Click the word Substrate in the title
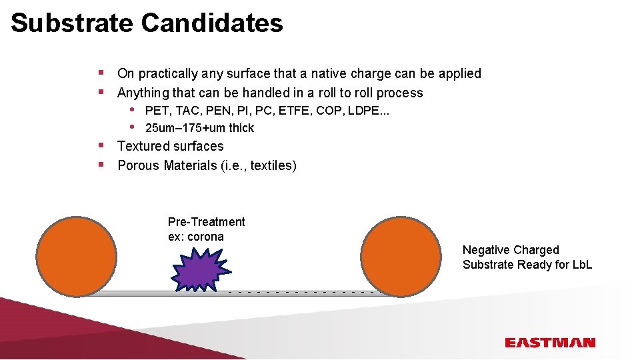pyautogui.click(x=71, y=23)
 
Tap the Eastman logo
pyautogui.click(x=549, y=343)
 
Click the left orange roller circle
pyautogui.click(x=76, y=255)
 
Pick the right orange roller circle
pyautogui.click(x=403, y=255)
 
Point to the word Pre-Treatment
pyautogui.click(x=206, y=222)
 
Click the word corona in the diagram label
pyautogui.click(x=205, y=237)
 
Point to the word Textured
pyautogui.click(x=143, y=146)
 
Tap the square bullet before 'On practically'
pyautogui.click(x=100, y=71)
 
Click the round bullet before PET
pyautogui.click(x=133, y=109)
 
